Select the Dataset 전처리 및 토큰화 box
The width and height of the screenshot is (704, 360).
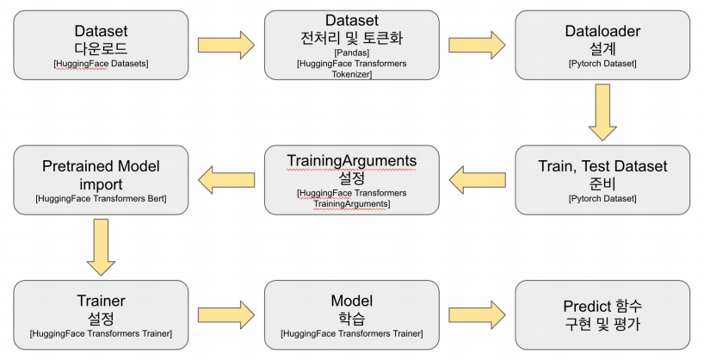(352, 45)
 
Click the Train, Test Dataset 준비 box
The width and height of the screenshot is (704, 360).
(602, 179)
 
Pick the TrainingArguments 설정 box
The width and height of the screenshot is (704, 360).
(352, 179)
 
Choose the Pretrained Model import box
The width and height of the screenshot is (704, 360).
(101, 179)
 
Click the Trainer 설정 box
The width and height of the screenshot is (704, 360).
(101, 314)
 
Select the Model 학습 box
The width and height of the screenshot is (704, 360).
(352, 314)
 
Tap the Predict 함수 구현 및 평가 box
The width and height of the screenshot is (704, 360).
(602, 314)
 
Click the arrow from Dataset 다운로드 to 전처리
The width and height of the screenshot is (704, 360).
(226, 44)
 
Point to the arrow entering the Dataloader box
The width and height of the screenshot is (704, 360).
(477, 44)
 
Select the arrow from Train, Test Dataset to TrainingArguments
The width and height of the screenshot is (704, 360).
(477, 180)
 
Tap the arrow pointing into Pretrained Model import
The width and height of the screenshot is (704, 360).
(226, 180)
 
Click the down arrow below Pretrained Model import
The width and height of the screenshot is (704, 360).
(101, 247)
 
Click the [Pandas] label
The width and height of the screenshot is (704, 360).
(351, 53)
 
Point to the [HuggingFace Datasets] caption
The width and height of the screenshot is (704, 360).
(101, 64)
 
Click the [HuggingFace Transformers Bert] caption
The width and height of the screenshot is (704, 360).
(101, 199)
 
